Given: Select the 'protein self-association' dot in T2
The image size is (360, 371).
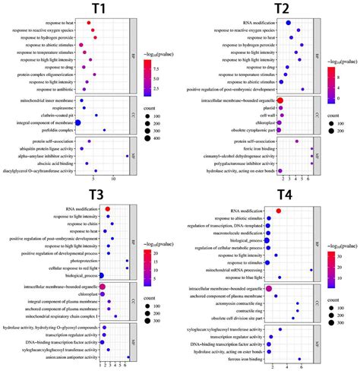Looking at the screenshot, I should pyautogui.click(x=297, y=141).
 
